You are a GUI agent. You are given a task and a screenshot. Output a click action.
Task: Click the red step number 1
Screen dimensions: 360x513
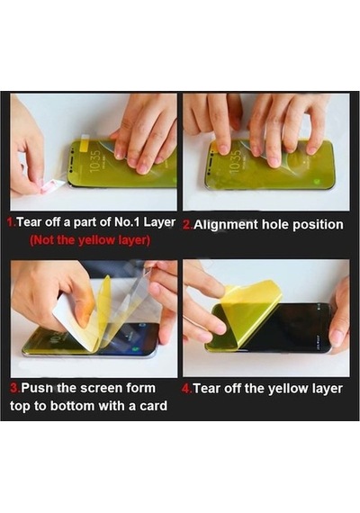click(11, 222)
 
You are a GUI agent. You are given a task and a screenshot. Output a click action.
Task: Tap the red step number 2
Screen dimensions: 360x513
click(186, 225)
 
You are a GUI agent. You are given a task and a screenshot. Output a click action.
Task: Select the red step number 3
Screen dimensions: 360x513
click(14, 388)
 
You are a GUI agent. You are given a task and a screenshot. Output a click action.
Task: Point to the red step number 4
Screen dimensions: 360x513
click(186, 389)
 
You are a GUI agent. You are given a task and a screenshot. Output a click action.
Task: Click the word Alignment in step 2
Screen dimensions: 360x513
click(224, 225)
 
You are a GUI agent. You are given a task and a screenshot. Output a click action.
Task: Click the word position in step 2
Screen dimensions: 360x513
click(318, 225)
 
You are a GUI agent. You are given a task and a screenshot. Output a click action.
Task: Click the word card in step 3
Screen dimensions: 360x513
click(153, 406)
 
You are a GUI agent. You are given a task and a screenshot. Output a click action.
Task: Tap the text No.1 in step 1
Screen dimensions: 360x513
click(128, 222)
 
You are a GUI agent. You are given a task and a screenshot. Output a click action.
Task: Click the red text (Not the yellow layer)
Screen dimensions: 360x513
click(90, 241)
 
